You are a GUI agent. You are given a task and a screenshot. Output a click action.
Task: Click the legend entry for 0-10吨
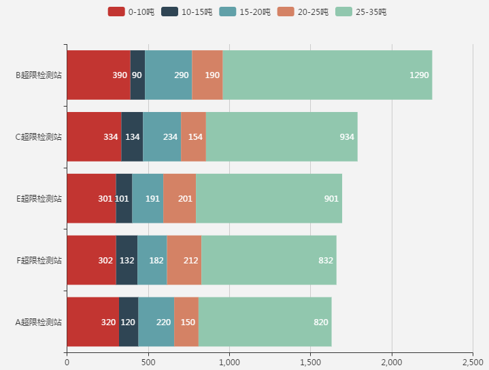(126, 12)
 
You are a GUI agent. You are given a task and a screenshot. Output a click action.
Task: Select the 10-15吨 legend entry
(180, 12)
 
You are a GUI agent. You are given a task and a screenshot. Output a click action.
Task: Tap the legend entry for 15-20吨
(237, 12)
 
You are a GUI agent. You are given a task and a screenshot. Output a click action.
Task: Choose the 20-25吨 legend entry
(296, 12)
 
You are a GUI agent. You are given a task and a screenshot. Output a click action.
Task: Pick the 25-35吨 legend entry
(354, 12)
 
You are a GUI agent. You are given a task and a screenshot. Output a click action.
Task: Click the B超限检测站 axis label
(39, 75)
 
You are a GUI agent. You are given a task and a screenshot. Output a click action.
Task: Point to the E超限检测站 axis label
(39, 198)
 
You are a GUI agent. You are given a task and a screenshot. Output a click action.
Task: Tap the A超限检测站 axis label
(39, 322)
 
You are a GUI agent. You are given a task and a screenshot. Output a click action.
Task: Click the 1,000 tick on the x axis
(229, 362)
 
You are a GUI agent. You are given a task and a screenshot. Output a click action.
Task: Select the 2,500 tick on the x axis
(473, 362)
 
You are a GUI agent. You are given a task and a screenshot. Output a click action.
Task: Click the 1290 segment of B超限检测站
(327, 75)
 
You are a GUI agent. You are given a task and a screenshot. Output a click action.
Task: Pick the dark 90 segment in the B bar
(137, 75)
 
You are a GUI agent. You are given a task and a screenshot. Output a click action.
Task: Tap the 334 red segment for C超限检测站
(94, 136)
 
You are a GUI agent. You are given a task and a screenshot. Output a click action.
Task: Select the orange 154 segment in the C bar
(193, 136)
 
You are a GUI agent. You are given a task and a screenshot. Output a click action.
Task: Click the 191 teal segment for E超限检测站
(148, 198)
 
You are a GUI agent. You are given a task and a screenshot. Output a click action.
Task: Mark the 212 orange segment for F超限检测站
(184, 260)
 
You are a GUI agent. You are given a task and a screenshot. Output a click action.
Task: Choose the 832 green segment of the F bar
(269, 260)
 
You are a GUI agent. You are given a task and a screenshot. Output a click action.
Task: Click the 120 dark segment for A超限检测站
(129, 322)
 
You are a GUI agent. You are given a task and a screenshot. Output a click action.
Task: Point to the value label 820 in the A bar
(321, 322)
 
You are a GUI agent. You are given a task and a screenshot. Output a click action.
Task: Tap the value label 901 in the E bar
(331, 198)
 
